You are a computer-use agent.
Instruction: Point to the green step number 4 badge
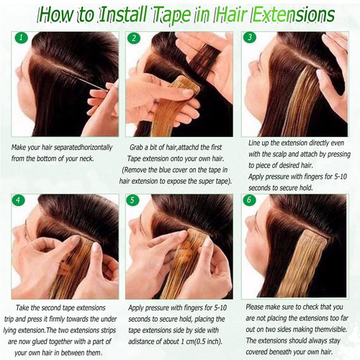click(20, 199)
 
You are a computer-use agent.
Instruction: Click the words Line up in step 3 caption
click(251, 143)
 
